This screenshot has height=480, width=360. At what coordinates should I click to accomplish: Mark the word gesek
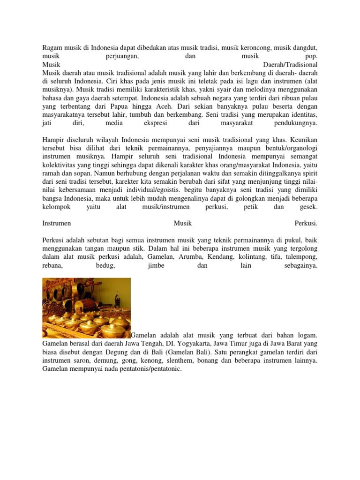coord(308,207)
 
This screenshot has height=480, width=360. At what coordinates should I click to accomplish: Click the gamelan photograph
coord(86,307)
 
